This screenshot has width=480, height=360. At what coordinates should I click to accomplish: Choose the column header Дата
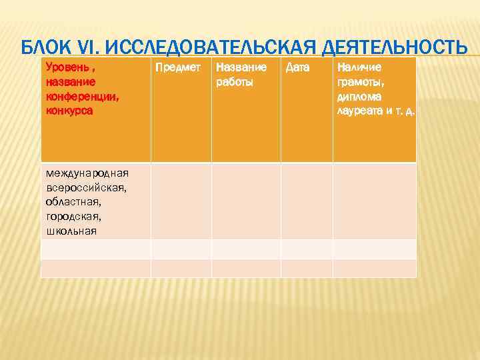coord(298,68)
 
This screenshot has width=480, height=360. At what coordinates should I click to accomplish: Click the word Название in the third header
coord(241,68)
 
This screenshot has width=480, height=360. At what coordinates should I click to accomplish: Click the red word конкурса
coord(69,111)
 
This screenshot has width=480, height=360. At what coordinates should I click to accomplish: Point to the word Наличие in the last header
coord(360,68)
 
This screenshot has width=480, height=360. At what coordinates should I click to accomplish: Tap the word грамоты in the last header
coord(361,83)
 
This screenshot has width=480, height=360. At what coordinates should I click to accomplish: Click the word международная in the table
coord(87,173)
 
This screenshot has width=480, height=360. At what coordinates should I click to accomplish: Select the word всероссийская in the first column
coord(86,187)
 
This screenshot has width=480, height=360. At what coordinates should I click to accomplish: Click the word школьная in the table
coord(71,231)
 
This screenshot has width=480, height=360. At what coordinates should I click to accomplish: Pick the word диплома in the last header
coord(361,97)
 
